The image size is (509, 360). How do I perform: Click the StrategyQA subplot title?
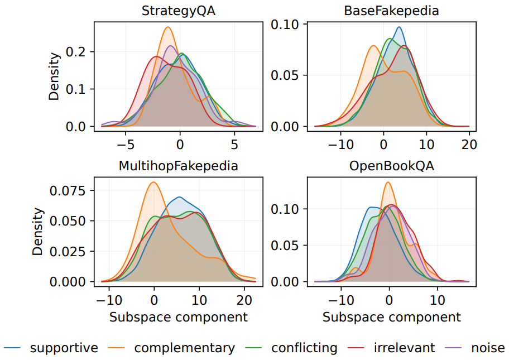pos(179,11)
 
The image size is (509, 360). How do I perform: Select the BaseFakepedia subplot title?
pos(391,11)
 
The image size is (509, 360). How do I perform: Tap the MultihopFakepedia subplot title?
pos(179,166)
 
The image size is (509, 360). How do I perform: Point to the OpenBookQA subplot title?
pos(391,166)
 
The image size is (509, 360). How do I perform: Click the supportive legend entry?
pos(64,348)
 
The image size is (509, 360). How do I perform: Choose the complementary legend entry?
pos(184,348)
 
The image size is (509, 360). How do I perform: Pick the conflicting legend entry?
pos(304,348)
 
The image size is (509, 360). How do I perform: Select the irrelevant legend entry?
pos(404,348)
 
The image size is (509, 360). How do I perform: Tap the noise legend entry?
pos(488,348)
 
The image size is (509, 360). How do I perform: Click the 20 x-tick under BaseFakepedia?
pos(469,144)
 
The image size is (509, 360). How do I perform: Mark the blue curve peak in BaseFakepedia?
pos(398,27)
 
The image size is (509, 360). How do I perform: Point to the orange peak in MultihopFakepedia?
pos(154,182)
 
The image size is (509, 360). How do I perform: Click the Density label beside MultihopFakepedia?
pos(37,232)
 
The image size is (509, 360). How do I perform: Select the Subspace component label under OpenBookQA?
pos(391,317)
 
